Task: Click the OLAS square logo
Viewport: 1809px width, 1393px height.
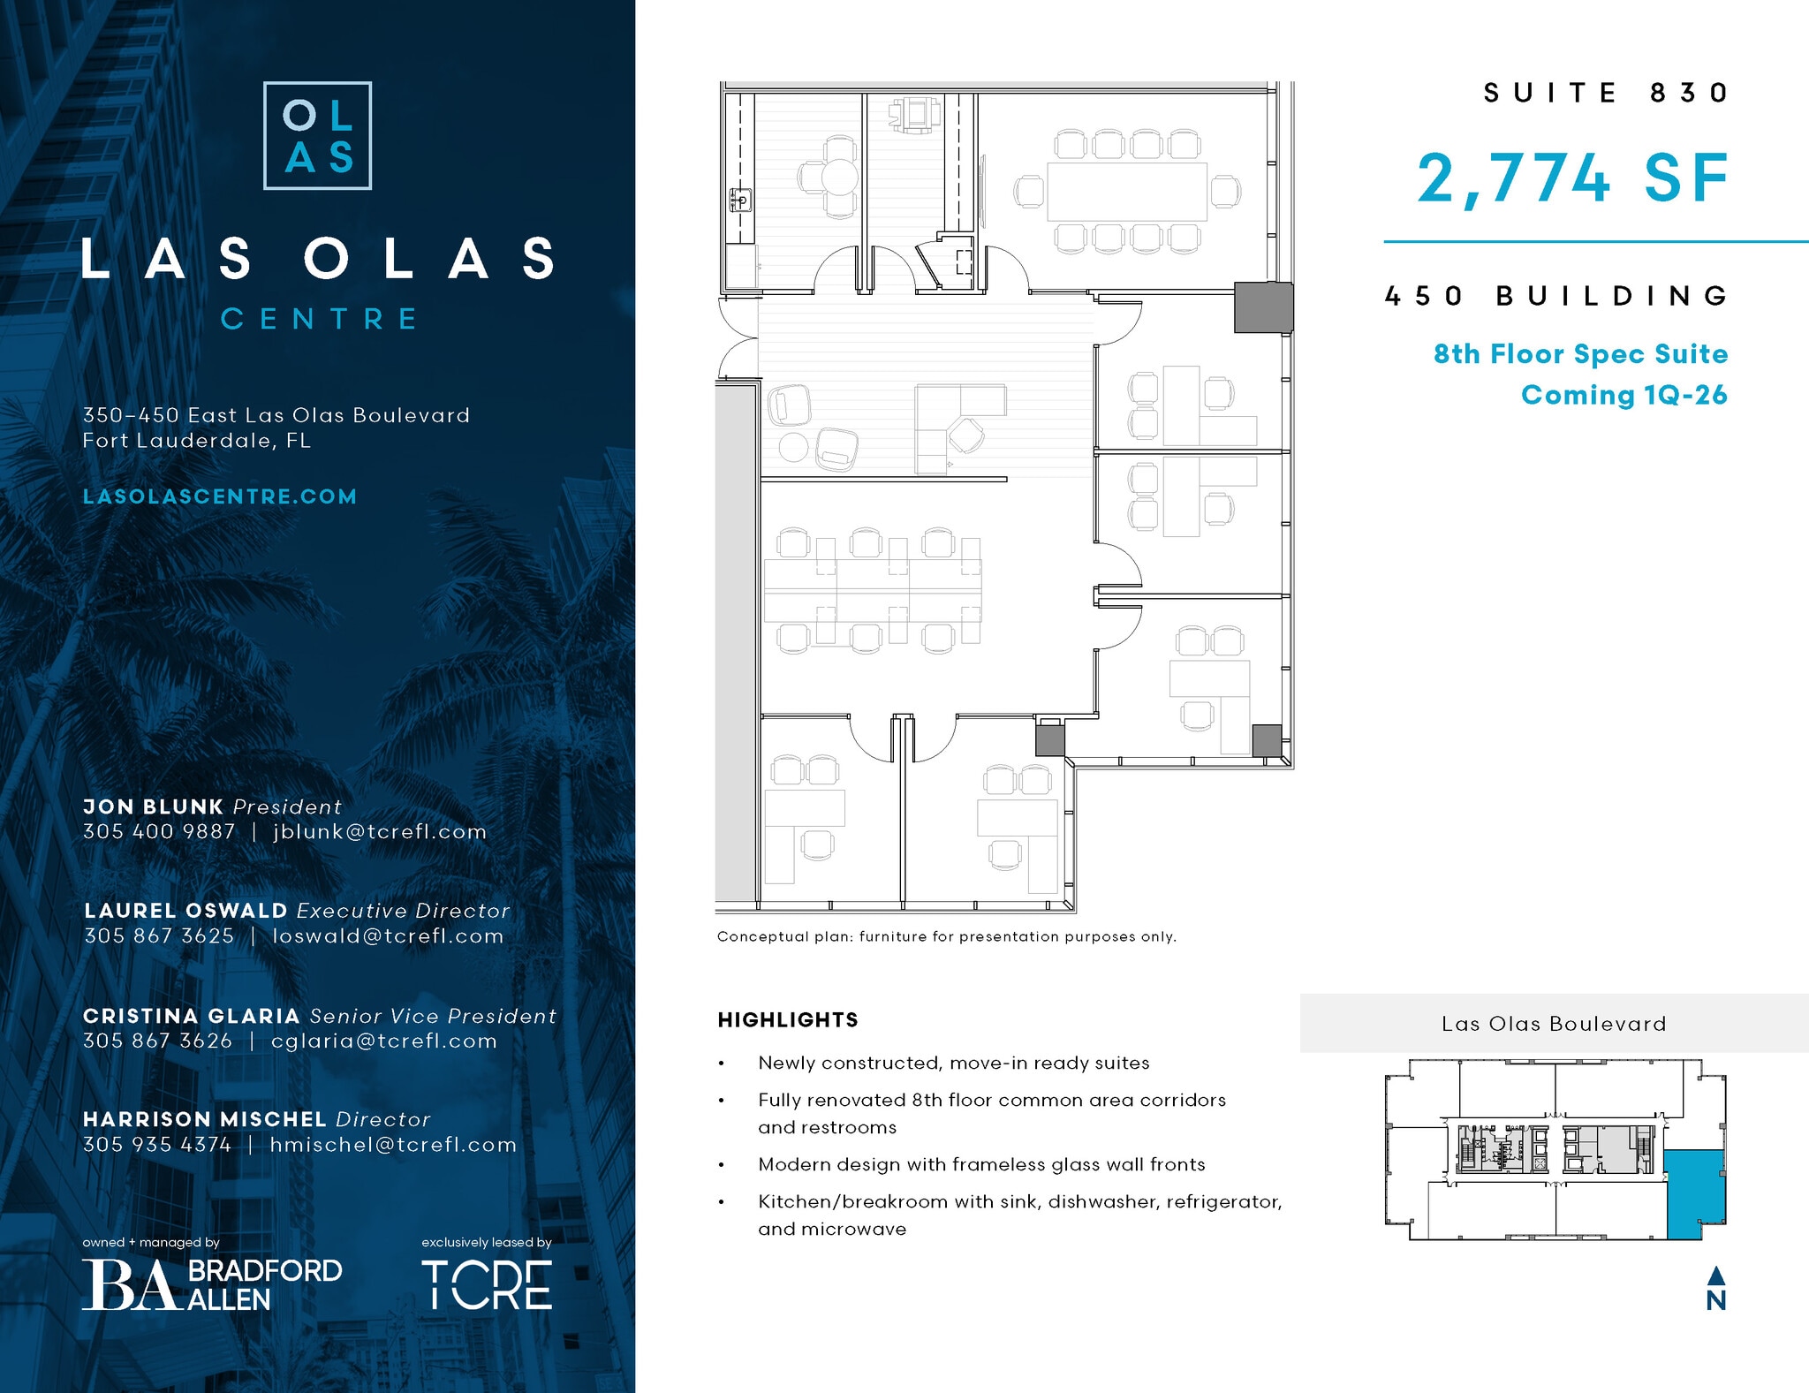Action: [x=317, y=136]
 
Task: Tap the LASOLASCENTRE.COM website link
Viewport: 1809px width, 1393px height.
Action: [x=220, y=496]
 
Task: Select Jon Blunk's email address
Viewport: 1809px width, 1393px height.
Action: [x=380, y=832]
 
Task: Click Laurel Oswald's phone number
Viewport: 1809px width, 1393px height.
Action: [x=159, y=936]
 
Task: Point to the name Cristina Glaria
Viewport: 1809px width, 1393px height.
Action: [x=192, y=1016]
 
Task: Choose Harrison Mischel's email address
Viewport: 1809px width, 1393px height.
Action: [x=393, y=1145]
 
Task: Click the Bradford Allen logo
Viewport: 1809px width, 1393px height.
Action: [x=212, y=1284]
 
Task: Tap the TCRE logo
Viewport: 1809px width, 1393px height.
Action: [x=487, y=1284]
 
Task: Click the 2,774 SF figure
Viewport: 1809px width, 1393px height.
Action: [x=1572, y=179]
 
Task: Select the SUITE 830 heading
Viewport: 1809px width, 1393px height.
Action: [x=1605, y=93]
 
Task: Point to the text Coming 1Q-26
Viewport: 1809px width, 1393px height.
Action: [x=1624, y=395]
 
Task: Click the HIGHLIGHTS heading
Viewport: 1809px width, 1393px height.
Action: [x=788, y=1020]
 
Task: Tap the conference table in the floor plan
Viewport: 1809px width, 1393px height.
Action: [x=1127, y=192]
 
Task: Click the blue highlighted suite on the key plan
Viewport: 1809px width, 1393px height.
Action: [x=1695, y=1192]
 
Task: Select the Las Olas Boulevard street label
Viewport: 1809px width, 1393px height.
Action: [x=1554, y=1024]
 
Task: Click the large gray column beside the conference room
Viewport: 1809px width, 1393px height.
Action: [x=1263, y=307]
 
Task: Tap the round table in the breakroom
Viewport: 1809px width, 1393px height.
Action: [x=839, y=177]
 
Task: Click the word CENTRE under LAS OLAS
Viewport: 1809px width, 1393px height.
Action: [x=318, y=319]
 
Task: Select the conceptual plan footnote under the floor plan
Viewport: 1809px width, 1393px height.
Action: [x=946, y=936]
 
